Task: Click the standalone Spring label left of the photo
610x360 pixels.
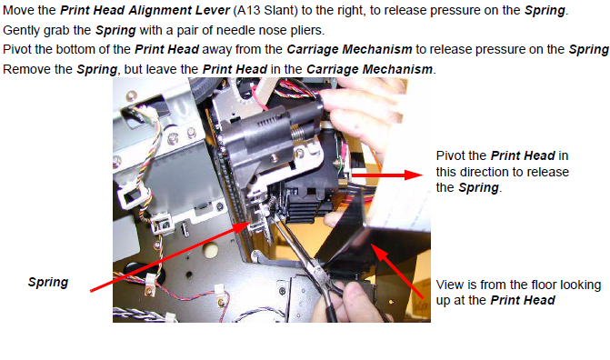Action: click(48, 282)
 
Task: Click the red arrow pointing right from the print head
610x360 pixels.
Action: click(386, 175)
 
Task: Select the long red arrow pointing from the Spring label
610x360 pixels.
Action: click(170, 256)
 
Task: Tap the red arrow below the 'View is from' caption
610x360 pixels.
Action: click(396, 271)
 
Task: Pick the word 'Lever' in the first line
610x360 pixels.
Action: click(214, 10)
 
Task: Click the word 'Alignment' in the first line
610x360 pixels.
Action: click(161, 10)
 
